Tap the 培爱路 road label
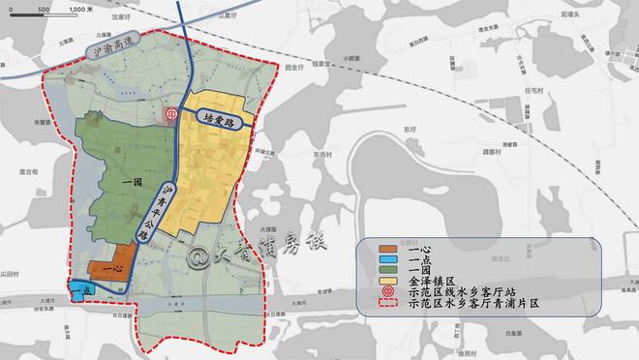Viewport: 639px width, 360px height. point(219,120)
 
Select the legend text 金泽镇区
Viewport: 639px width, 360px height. point(435,281)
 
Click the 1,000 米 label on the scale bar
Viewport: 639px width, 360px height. point(83,8)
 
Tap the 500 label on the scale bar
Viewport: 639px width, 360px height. point(45,8)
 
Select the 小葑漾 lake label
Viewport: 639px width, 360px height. point(350,56)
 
